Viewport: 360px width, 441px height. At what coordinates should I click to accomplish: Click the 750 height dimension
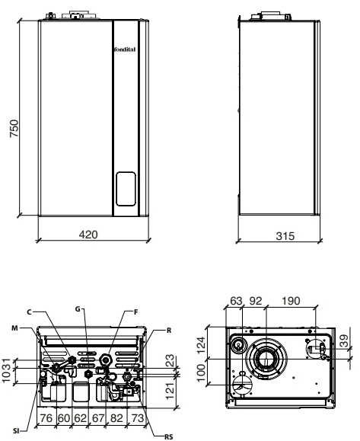(14, 129)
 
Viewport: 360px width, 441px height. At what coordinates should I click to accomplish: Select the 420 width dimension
(88, 235)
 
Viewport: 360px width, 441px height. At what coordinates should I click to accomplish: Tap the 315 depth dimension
(285, 236)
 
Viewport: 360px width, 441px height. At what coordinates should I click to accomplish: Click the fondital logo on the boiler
(125, 50)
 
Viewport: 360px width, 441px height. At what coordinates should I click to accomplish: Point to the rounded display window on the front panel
(126, 189)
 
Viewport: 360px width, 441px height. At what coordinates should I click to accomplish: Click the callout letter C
(30, 312)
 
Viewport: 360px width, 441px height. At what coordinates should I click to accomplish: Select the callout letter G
(78, 309)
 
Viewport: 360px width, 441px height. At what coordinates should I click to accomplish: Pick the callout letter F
(136, 312)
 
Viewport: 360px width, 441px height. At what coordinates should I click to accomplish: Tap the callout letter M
(15, 328)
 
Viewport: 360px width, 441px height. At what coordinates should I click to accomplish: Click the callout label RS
(169, 436)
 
